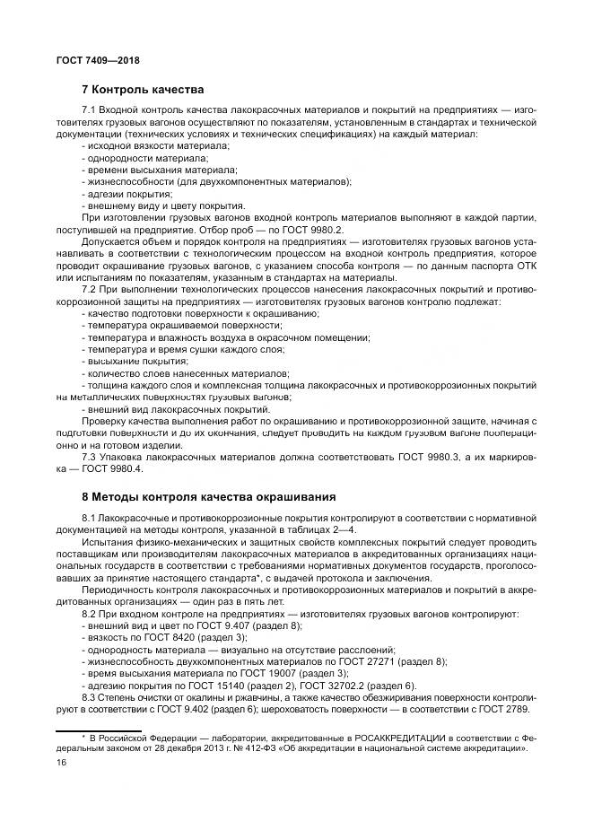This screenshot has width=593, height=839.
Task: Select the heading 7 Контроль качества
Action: [144, 90]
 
